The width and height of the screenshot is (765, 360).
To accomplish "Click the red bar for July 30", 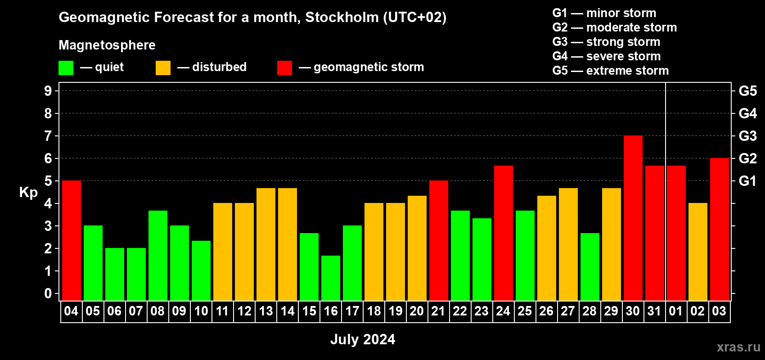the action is tap(633, 218).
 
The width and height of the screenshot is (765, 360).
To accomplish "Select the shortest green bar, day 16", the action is tap(331, 278).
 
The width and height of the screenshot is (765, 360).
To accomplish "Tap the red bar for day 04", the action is tap(72, 240).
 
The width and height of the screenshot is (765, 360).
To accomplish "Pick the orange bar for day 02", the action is tap(697, 252).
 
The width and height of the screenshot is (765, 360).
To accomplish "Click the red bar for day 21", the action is tap(438, 240).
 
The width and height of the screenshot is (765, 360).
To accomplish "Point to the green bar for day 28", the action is tap(590, 267).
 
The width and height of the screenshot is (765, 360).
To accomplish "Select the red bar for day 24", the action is tap(504, 233).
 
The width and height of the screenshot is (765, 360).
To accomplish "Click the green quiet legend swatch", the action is tap(66, 67).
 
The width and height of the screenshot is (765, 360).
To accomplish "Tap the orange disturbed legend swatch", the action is tap(163, 67).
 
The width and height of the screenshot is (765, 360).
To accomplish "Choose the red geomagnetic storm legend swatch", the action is tap(284, 67).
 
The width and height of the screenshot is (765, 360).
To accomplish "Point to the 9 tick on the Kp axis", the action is tap(48, 91).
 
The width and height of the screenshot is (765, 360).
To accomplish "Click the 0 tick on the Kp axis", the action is tap(48, 293).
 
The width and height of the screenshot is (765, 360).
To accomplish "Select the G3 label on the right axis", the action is tap(748, 136).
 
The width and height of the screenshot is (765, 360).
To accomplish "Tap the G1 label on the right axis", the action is tap(748, 181).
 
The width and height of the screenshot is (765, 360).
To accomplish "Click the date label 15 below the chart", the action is tap(309, 311).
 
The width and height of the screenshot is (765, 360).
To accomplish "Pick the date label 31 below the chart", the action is tap(654, 311).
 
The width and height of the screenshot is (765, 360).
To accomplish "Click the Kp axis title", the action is tap(28, 193).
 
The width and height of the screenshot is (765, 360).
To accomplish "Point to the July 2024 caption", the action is tap(363, 339).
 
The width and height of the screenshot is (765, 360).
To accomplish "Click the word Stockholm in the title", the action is tap(342, 17).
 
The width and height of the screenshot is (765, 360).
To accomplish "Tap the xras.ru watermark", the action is tap(738, 347).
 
